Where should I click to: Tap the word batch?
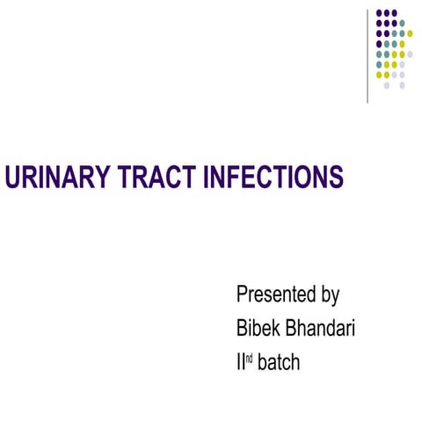[x=279, y=361]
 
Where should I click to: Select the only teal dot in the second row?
[x=402, y=23]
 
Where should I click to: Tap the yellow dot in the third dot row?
[x=410, y=33]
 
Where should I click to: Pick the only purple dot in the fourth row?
[x=379, y=43]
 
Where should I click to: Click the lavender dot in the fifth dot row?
[x=410, y=54]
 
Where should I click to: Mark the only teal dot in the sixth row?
[x=379, y=64]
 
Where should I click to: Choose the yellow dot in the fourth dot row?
[x=402, y=43]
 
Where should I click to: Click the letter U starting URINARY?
[x=12, y=178]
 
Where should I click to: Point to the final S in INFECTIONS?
[x=336, y=178]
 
